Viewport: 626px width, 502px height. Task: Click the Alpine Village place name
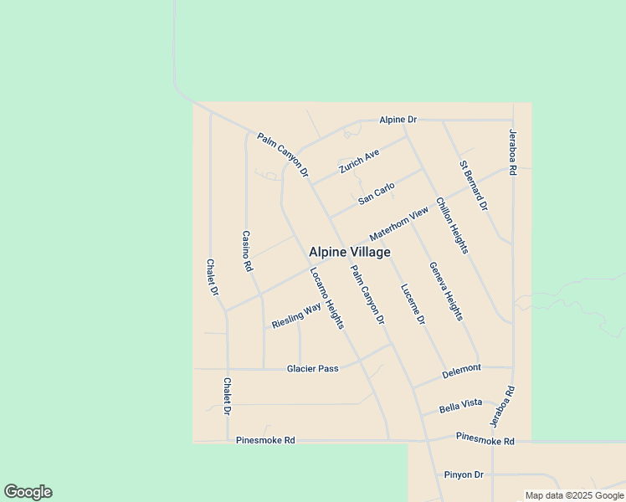point(349,251)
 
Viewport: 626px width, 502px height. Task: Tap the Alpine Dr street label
point(398,120)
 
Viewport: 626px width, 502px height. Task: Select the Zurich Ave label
point(359,161)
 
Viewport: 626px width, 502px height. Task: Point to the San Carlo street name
point(377,193)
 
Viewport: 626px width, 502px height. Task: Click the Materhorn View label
point(404,225)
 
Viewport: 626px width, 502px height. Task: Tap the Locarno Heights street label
point(326,298)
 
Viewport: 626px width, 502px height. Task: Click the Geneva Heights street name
point(445,291)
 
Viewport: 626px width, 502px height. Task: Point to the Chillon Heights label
point(452,225)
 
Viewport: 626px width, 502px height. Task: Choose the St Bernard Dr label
point(474,185)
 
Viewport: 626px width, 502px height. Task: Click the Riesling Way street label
point(296,316)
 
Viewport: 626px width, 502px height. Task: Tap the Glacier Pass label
point(312,368)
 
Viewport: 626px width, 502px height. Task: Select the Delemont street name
point(462,368)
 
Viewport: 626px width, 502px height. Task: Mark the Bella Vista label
point(461,403)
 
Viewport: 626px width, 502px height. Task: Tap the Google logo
point(28,492)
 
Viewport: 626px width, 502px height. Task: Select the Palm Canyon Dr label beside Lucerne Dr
point(367,295)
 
